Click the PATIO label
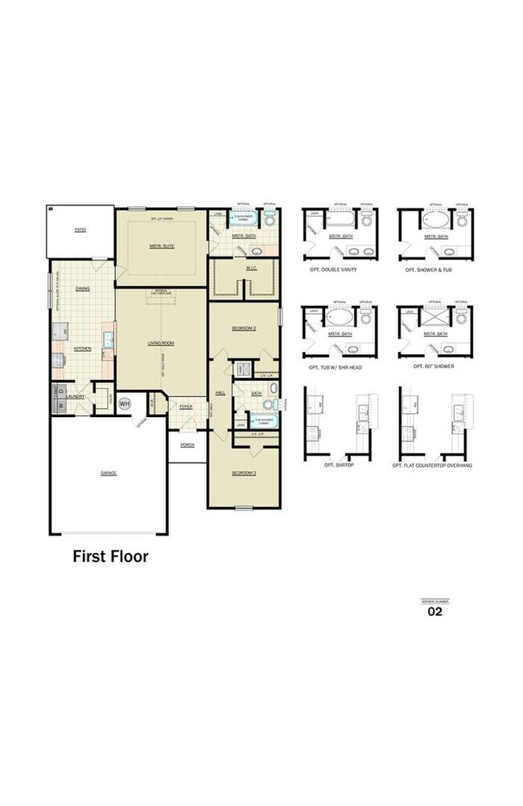tap(80, 229)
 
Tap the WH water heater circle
tap(125, 403)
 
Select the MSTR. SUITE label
tap(162, 246)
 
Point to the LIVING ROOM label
tap(161, 342)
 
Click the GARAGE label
tap(109, 473)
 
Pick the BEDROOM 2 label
tap(244, 329)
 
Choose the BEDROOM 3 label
tap(244, 473)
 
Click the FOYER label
tap(186, 407)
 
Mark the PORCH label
tap(187, 444)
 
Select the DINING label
tap(82, 287)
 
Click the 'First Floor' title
tap(110, 556)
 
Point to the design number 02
tap(434, 611)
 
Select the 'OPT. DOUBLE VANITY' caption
tap(333, 270)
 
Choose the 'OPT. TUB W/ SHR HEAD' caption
tap(336, 366)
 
